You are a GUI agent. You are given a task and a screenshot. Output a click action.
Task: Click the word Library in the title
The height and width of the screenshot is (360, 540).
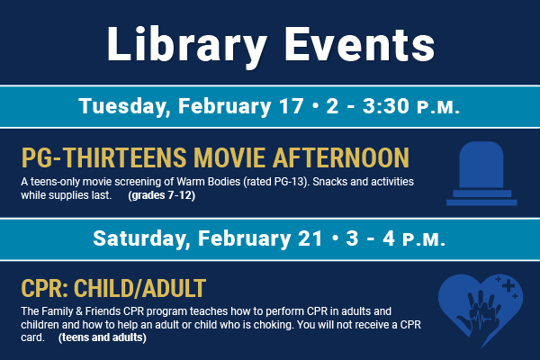point(187,45)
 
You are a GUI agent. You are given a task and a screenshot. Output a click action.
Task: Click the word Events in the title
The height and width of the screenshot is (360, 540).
point(359,45)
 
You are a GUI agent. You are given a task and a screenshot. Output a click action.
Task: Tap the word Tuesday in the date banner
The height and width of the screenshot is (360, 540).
point(122,106)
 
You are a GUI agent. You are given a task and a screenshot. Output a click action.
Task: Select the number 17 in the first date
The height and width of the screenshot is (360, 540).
point(292,105)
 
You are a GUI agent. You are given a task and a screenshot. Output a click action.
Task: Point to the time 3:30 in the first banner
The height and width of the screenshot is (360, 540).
point(386,105)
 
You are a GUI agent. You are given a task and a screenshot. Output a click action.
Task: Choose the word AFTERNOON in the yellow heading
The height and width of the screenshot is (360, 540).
point(341,157)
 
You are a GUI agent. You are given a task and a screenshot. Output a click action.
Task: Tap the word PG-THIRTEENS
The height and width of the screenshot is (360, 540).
point(104,157)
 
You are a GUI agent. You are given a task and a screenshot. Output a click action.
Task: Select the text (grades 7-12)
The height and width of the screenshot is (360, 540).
point(161,195)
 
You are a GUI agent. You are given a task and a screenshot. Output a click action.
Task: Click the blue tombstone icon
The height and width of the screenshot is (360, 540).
point(481,174)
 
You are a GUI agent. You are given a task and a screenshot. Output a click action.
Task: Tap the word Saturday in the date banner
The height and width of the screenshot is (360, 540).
point(141,238)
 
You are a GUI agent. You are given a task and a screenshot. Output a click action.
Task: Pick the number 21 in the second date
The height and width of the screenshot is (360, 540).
point(310,238)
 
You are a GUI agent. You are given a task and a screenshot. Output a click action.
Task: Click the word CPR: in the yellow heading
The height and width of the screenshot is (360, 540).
point(45,288)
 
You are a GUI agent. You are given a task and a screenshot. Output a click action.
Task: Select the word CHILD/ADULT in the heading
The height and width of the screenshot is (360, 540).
point(139,288)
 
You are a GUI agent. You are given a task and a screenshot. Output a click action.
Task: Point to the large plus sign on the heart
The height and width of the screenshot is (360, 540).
point(508,285)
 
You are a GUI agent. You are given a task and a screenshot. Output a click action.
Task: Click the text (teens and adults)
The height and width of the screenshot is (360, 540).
point(103,337)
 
